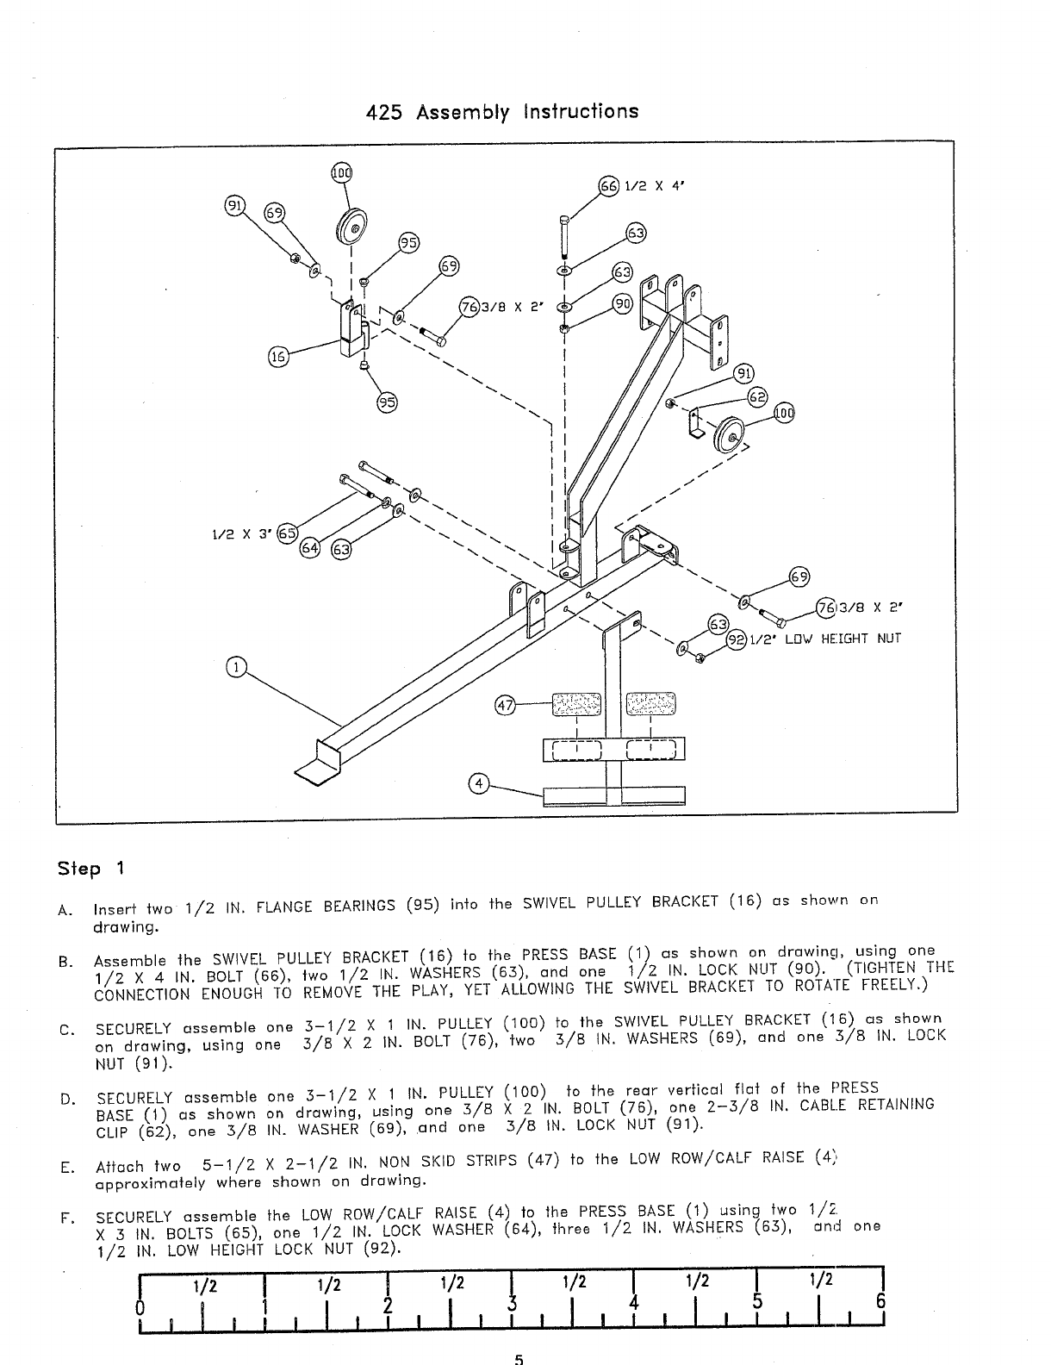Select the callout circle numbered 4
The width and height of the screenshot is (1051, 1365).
point(476,783)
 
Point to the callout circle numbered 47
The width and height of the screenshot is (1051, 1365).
point(504,706)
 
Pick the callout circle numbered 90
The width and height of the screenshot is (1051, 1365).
point(622,302)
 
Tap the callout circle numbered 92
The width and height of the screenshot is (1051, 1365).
point(737,639)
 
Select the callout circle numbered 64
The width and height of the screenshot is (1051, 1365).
point(309,548)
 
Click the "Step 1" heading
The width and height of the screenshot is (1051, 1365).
point(90,868)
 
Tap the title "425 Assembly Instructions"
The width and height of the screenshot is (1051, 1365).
point(502,112)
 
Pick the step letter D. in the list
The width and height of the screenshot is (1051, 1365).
point(65,1099)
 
